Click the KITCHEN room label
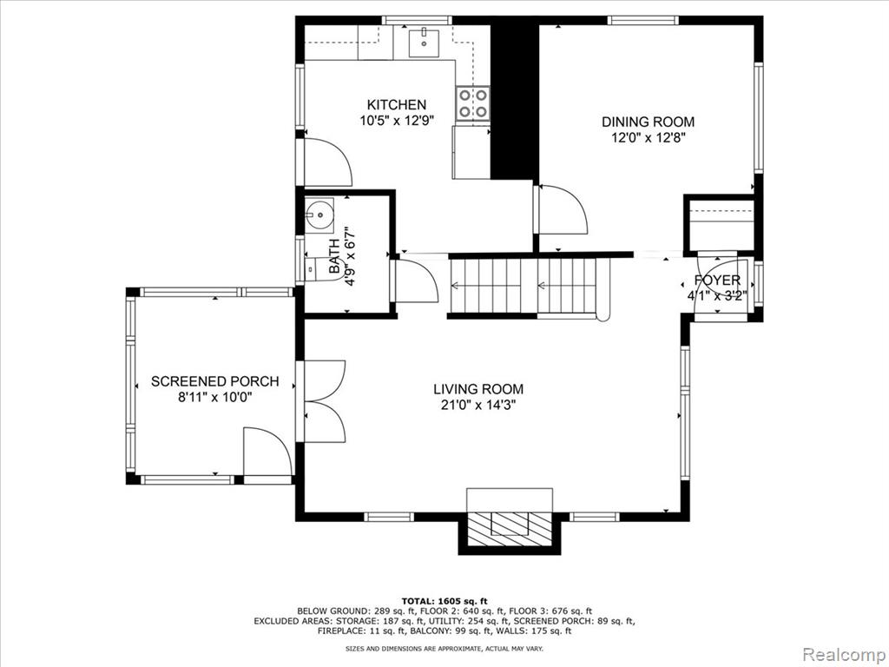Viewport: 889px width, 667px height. click(396, 105)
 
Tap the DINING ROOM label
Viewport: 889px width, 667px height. click(648, 122)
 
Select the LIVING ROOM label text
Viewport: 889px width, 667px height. click(478, 389)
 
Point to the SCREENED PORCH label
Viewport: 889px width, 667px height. click(215, 382)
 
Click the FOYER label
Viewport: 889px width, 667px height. click(717, 281)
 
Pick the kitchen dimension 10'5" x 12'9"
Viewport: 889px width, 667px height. click(396, 120)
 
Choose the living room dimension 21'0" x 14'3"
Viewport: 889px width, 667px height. click(478, 405)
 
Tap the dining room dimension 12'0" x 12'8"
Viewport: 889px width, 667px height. click(648, 138)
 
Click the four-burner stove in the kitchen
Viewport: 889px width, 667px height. click(473, 103)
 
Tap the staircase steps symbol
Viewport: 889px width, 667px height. click(523, 286)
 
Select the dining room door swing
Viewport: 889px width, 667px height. click(561, 209)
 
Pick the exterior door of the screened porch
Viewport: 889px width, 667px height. click(267, 452)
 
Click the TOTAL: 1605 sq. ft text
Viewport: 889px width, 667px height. click(444, 601)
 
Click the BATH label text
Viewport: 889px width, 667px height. click(334, 256)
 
